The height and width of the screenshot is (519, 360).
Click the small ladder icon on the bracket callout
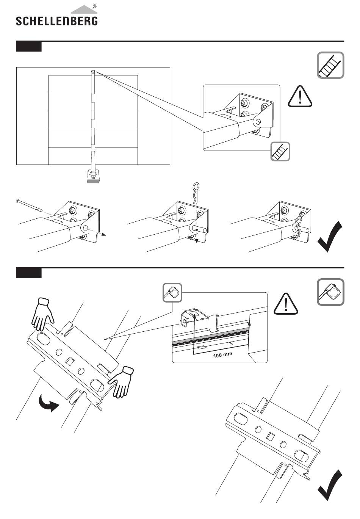click(280, 151)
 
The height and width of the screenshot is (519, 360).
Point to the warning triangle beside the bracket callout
click(300, 96)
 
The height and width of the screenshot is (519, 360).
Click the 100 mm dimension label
click(222, 355)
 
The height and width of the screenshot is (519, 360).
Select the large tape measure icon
click(330, 292)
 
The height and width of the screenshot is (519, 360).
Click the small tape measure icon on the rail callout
click(172, 293)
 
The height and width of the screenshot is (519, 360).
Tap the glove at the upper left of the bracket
click(42, 313)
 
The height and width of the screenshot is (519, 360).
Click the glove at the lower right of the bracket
click(121, 381)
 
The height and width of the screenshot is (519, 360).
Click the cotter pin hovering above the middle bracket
click(196, 193)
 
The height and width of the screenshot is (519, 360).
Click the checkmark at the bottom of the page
click(330, 486)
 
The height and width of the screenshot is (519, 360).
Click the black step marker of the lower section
click(28, 273)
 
